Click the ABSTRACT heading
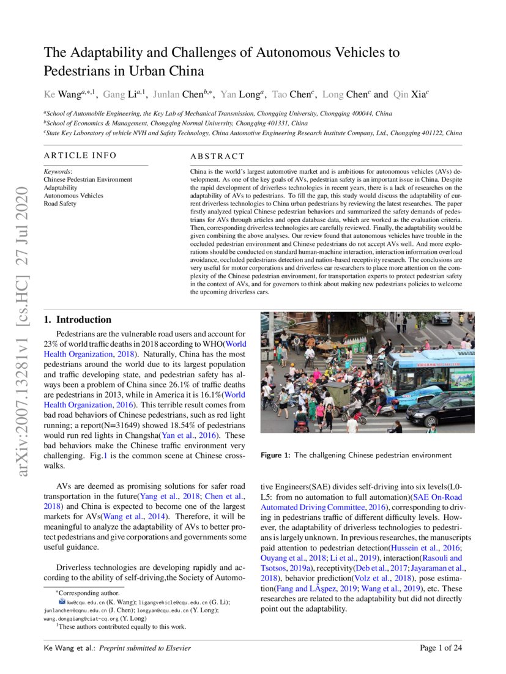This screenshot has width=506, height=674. click(217, 157)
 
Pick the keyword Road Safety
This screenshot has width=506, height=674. click(60, 204)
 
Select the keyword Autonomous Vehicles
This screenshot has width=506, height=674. click(70, 196)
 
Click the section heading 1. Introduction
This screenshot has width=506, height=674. click(78, 319)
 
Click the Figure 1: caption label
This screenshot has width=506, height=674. click(275, 455)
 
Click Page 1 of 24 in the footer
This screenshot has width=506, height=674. click(441, 648)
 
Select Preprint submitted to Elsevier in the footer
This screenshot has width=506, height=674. click(145, 648)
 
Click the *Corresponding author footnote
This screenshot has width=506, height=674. click(81, 593)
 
